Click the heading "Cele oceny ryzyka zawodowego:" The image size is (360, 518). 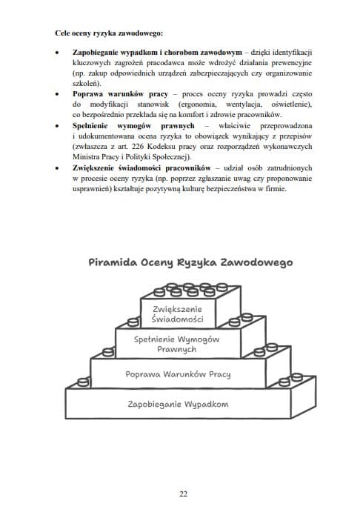110,34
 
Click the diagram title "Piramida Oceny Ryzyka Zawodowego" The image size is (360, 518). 190,262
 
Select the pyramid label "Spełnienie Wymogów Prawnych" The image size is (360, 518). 178,344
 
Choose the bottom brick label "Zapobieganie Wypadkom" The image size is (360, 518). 178,404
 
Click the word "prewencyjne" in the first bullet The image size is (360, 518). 290,64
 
